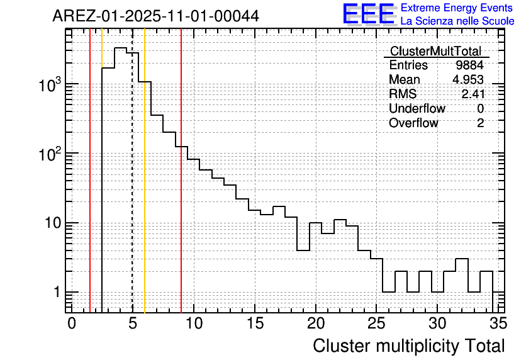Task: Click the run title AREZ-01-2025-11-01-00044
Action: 155,16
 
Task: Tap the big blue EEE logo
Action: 369,14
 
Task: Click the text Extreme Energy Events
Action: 457,8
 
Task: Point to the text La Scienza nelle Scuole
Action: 457,21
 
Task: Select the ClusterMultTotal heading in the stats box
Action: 435,52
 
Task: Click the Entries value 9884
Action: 470,65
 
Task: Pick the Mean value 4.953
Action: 468,80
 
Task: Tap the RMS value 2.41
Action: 473,94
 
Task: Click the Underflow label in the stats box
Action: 417,109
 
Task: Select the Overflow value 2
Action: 480,123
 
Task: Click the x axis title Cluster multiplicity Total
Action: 408,346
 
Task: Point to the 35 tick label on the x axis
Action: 497,324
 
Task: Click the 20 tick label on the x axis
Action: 315,324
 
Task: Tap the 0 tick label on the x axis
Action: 72,324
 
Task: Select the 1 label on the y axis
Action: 55,293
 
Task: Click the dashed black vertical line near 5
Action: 132,189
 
